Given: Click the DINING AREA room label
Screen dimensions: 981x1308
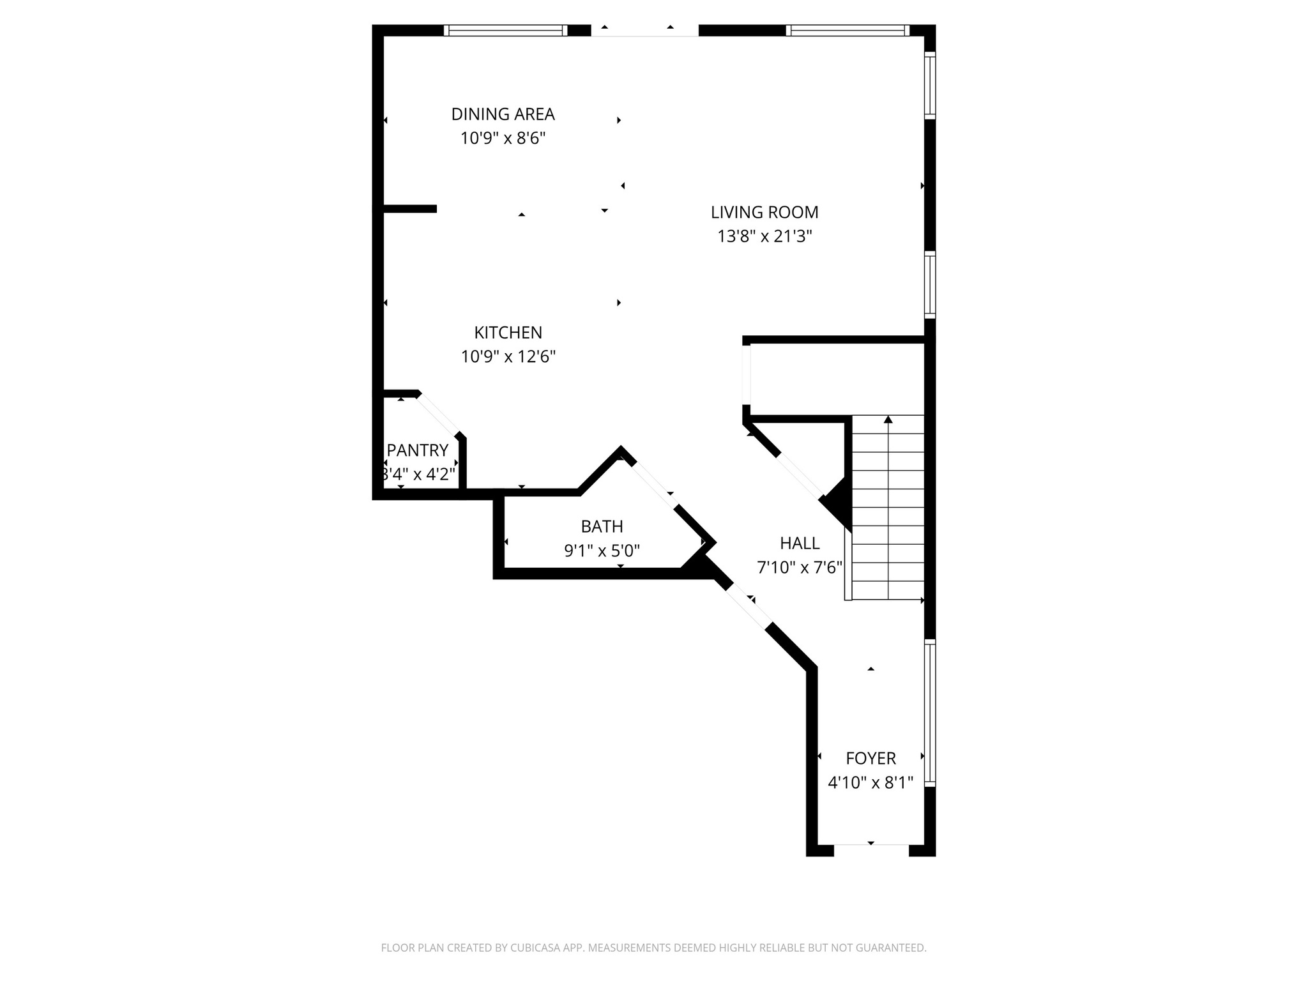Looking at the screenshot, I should pos(503,114).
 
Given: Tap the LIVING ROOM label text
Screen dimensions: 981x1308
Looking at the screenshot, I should pos(764,212).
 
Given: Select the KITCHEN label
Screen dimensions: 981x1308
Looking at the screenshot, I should pos(508,332).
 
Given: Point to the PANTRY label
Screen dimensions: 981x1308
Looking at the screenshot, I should pos(418,450).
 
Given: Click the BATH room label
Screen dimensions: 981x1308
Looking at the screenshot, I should pos(602,526).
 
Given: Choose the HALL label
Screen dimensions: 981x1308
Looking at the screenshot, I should pos(800,543).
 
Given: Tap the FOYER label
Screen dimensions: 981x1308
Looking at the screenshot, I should pos(871,758).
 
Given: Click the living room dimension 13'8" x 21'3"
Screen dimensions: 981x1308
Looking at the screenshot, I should pos(764,236).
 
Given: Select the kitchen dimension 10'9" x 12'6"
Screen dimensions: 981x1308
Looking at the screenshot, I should pos(508,356).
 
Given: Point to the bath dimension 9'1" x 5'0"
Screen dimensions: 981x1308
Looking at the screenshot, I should pos(602,551).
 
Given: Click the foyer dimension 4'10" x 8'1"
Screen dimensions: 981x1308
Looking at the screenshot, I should pos(871,782).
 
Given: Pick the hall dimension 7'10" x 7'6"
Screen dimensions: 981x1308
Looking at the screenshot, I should pos(800,567).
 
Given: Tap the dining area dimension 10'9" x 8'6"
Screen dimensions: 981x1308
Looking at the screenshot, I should pos(503,138).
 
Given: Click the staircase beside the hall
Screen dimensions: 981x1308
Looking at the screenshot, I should pos(888,511).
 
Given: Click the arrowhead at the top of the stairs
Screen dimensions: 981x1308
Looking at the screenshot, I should pos(888,420).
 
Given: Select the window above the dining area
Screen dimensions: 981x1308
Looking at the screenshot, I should pos(505,30).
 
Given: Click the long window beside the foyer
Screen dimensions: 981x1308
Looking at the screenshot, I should pos(930,712).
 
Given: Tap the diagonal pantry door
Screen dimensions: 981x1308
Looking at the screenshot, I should pos(439,416).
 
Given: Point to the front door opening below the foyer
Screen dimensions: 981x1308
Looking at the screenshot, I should pos(871,849).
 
